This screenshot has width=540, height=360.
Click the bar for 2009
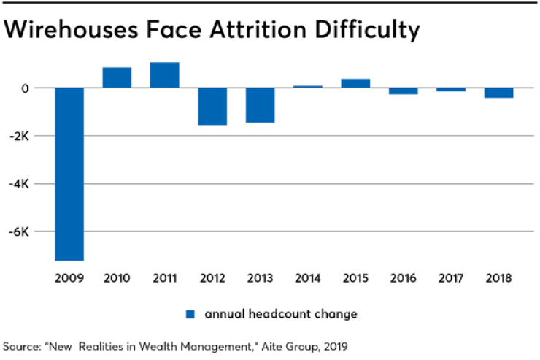[69, 174]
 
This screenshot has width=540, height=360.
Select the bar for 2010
[117, 77]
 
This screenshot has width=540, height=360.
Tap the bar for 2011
[165, 75]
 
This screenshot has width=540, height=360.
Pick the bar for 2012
[212, 107]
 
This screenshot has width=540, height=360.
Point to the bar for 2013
[260, 105]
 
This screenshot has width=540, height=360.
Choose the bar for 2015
[355, 83]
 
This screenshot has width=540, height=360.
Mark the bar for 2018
[498, 93]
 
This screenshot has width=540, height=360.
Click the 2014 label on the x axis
[308, 278]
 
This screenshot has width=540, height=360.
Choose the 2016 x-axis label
[403, 278]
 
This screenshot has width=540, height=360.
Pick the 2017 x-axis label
[451, 278]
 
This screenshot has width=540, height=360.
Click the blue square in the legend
[190, 314]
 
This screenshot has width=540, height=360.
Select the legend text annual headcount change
[281, 314]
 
